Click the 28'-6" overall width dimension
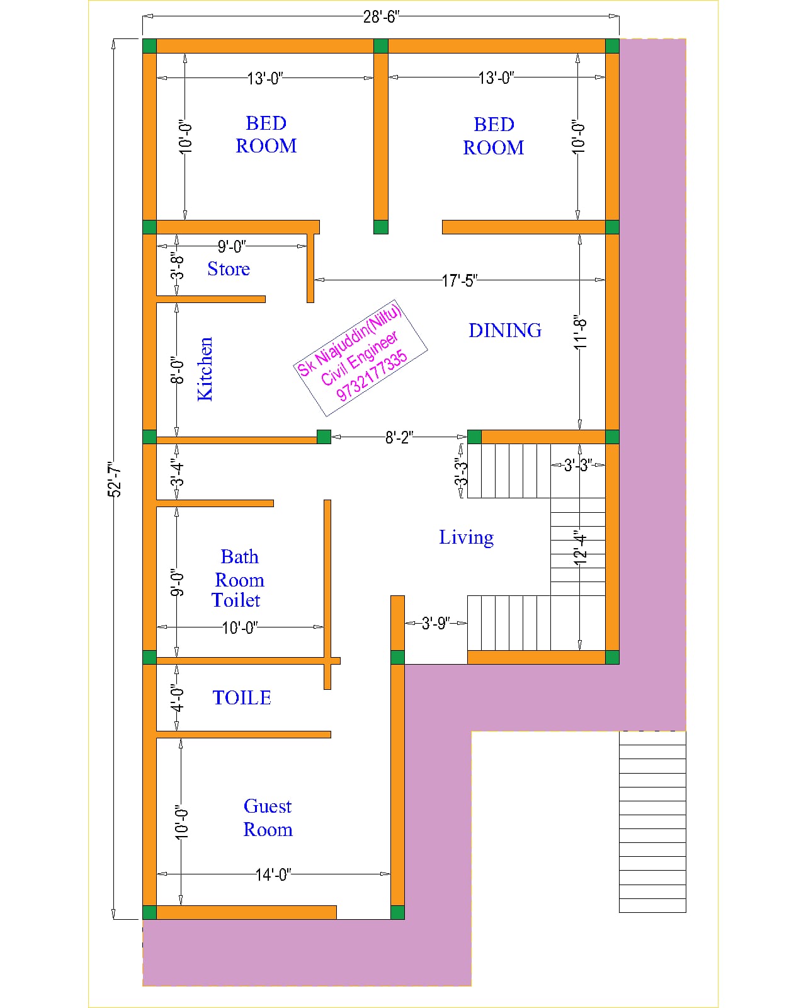pos(381,17)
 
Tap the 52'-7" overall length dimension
pos(114,479)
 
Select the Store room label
pos(229,269)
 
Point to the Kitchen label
pos(205,369)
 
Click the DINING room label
pos(505,331)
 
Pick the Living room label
pos(466,538)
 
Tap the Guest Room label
pos(268,817)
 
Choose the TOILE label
pos(242,697)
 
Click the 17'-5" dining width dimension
pos(460,280)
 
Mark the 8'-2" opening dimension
pos(399,437)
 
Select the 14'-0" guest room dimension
pos(273,874)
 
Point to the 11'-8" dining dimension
pos(580,332)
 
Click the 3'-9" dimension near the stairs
pos(436,624)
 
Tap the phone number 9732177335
pos(372,376)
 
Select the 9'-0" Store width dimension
pos(231,246)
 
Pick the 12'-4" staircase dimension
pos(580,547)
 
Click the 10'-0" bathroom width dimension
pos(239,627)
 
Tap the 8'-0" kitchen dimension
pos(176,370)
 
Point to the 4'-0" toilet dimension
pos(176,698)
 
